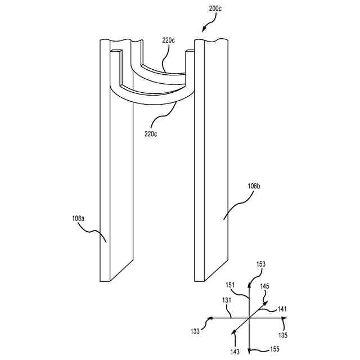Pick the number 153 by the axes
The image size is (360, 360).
point(261,264)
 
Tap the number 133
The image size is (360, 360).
point(195,331)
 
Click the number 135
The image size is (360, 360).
point(283,336)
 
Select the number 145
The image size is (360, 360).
point(264,286)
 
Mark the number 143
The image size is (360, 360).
point(233,352)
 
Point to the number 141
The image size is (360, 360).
point(282,308)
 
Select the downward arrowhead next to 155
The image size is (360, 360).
point(248,348)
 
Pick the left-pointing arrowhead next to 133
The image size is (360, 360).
point(210,318)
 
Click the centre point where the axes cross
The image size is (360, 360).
point(248,318)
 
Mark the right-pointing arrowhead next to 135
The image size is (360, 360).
point(286,318)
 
